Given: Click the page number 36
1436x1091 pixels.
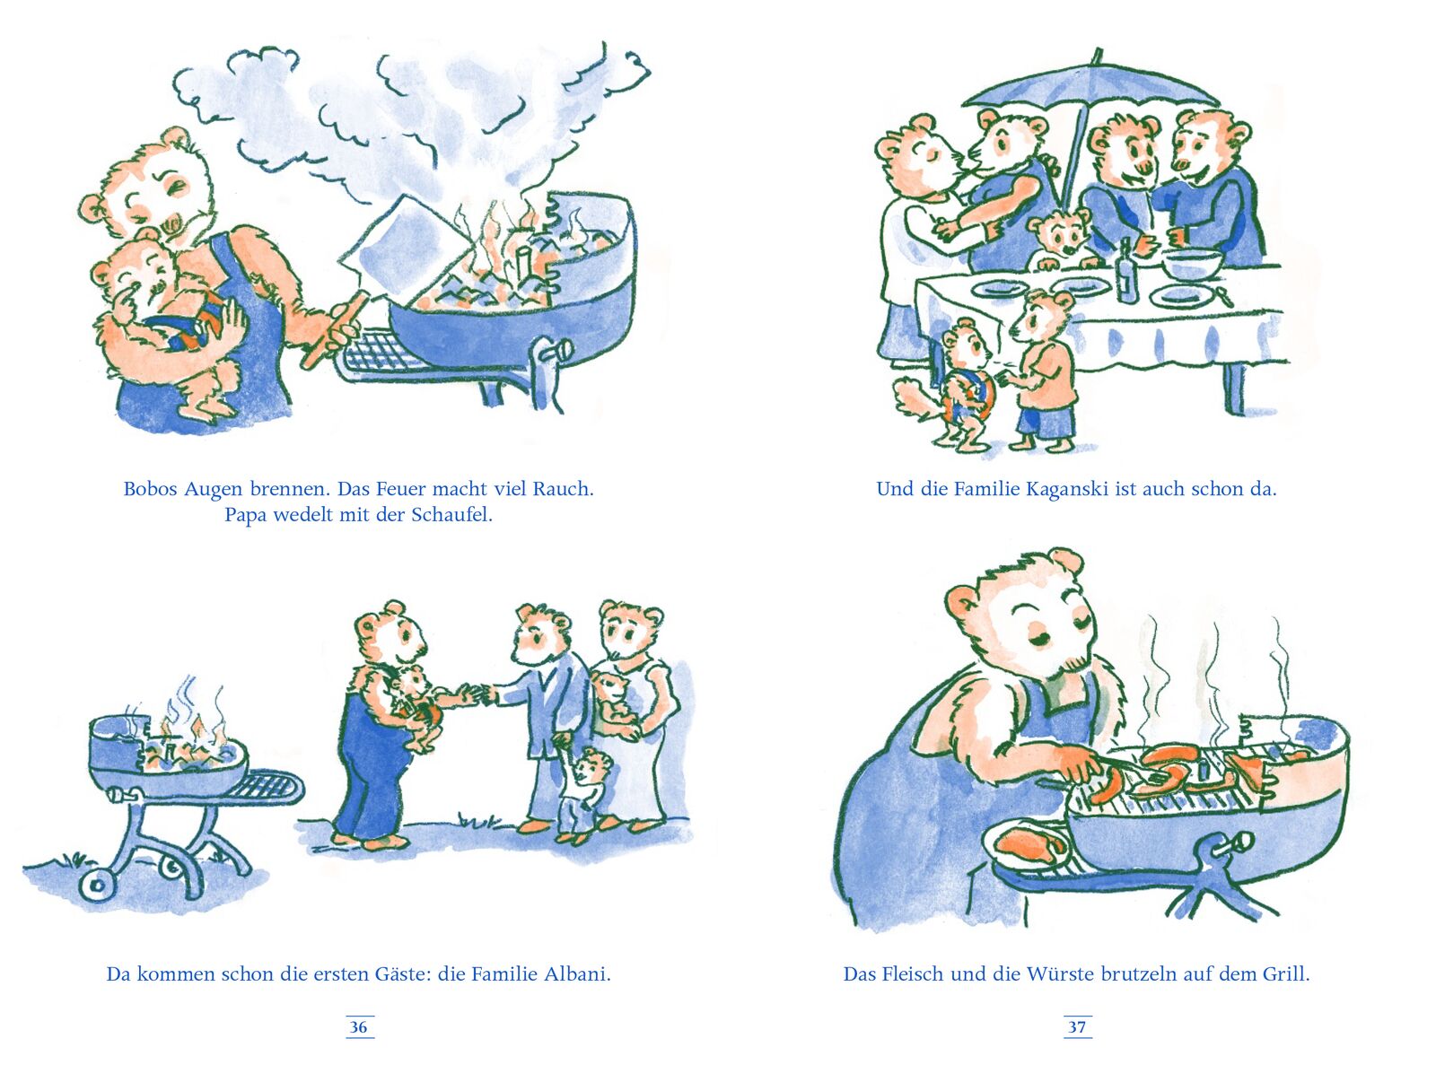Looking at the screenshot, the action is point(358,1027).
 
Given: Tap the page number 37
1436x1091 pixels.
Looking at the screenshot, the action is point(1077,1027).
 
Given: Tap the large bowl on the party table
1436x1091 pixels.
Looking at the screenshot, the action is point(1191,264).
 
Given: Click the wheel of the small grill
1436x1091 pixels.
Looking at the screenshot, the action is point(97,886).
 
